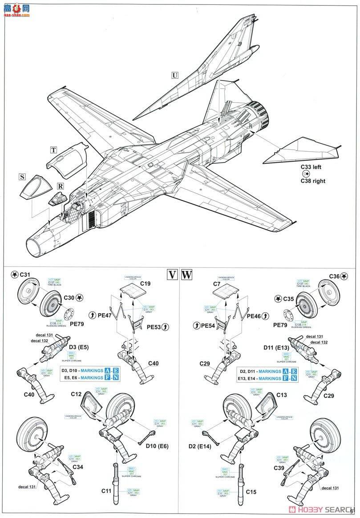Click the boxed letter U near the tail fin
174,75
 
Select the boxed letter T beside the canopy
53,150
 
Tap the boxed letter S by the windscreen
22,177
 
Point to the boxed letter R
60,186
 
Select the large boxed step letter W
187,274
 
